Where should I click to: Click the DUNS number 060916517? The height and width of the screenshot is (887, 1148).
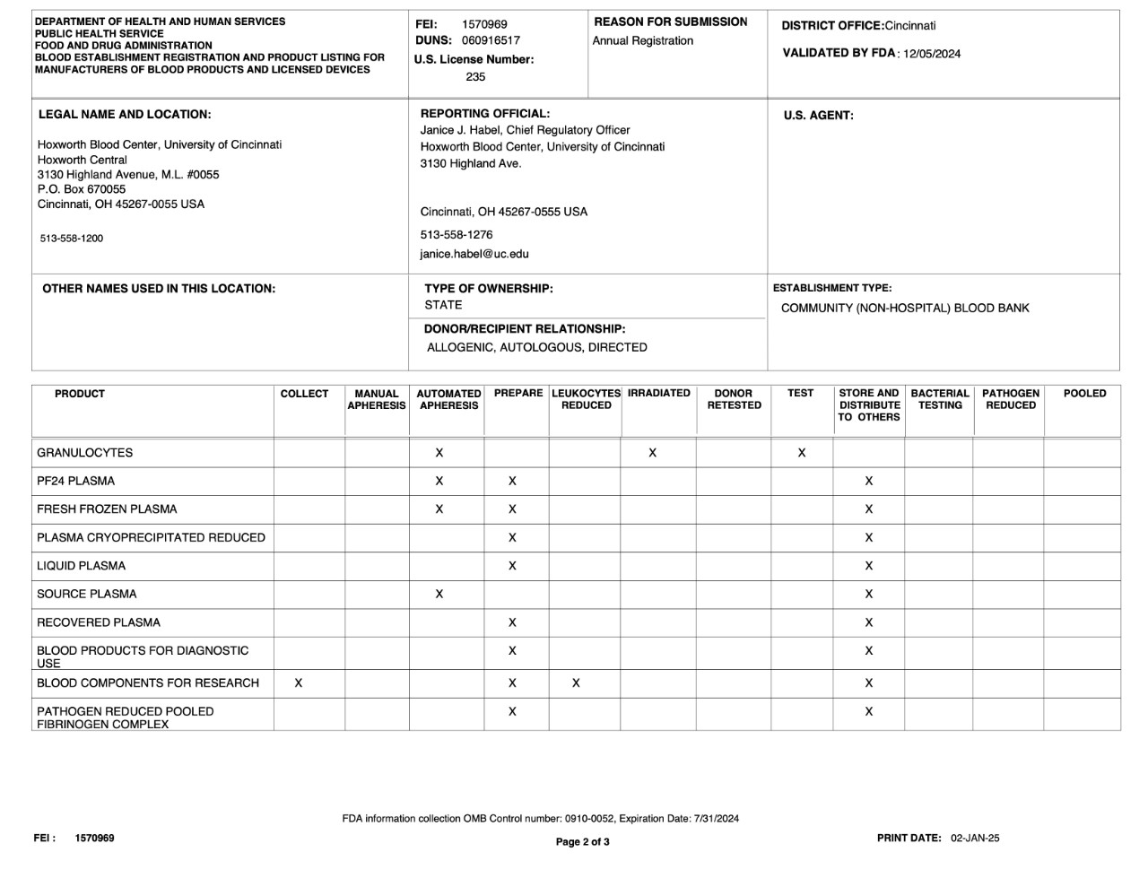[x=491, y=40]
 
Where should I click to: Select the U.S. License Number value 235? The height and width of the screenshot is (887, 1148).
[x=475, y=77]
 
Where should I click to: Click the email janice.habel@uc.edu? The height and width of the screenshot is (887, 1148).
[x=474, y=254]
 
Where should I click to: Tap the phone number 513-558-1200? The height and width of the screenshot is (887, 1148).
[x=72, y=239]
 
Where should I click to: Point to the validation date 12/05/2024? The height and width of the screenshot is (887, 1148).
[x=932, y=54]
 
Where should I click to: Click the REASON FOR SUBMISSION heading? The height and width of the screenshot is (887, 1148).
[x=671, y=22]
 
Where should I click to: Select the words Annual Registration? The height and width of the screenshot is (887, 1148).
[x=643, y=41]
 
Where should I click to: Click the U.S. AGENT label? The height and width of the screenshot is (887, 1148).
[x=818, y=116]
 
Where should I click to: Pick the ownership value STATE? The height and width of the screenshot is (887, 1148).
[x=444, y=305]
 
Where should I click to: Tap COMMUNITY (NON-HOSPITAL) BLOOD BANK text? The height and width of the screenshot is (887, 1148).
[x=905, y=309]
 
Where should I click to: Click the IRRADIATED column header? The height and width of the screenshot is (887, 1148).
[x=659, y=394]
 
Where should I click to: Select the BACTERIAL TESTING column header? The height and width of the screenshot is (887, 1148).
[x=940, y=399]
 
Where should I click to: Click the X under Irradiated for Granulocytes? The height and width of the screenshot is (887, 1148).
[x=652, y=453]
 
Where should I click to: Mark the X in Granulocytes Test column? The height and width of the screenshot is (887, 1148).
[x=802, y=453]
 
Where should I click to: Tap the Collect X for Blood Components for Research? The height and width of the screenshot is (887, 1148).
[x=299, y=683]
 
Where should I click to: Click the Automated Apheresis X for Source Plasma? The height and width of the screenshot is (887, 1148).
[x=439, y=594]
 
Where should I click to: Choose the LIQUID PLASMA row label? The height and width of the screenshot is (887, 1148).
[x=82, y=566]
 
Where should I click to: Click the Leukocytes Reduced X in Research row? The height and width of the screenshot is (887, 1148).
[x=576, y=683]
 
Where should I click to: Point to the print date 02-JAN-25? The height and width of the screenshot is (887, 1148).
[x=975, y=839]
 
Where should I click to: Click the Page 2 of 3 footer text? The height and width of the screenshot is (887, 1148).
[x=583, y=842]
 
